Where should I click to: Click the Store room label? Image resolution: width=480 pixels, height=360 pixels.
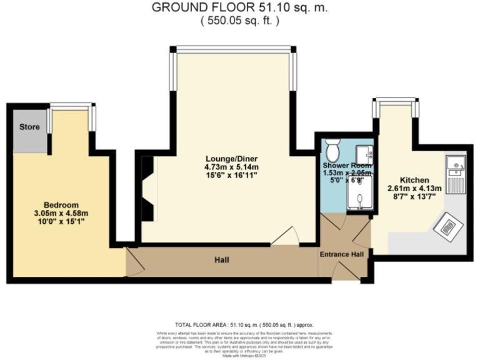(x=29, y=127)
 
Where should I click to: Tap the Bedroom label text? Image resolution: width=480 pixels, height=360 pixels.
(x=61, y=205)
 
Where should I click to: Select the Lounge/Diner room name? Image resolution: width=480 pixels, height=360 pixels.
(x=231, y=158)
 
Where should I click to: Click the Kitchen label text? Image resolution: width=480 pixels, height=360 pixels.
(x=414, y=179)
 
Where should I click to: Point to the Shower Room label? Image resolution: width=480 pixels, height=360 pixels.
(x=347, y=166)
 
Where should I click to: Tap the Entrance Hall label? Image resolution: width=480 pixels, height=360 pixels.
(x=342, y=254)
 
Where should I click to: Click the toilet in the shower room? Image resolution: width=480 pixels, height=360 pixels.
(x=333, y=150)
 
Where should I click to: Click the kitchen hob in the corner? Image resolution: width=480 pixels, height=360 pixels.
(x=449, y=224)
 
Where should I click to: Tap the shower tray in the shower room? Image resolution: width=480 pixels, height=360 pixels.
(x=359, y=194)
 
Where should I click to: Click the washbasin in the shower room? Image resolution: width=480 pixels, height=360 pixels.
(x=366, y=152)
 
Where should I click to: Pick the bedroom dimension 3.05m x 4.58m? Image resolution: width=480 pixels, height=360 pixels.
(x=61, y=214)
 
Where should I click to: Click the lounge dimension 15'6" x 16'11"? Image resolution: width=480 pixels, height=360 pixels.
(x=231, y=176)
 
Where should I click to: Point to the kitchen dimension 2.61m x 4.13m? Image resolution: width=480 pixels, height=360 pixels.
(x=414, y=188)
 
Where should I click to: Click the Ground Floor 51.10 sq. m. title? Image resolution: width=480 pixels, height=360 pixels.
(x=240, y=8)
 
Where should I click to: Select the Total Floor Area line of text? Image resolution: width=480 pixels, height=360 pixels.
(x=243, y=326)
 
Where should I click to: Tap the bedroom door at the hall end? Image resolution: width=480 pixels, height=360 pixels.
(x=133, y=261)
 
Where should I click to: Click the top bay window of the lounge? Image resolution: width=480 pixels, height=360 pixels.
(x=234, y=48)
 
